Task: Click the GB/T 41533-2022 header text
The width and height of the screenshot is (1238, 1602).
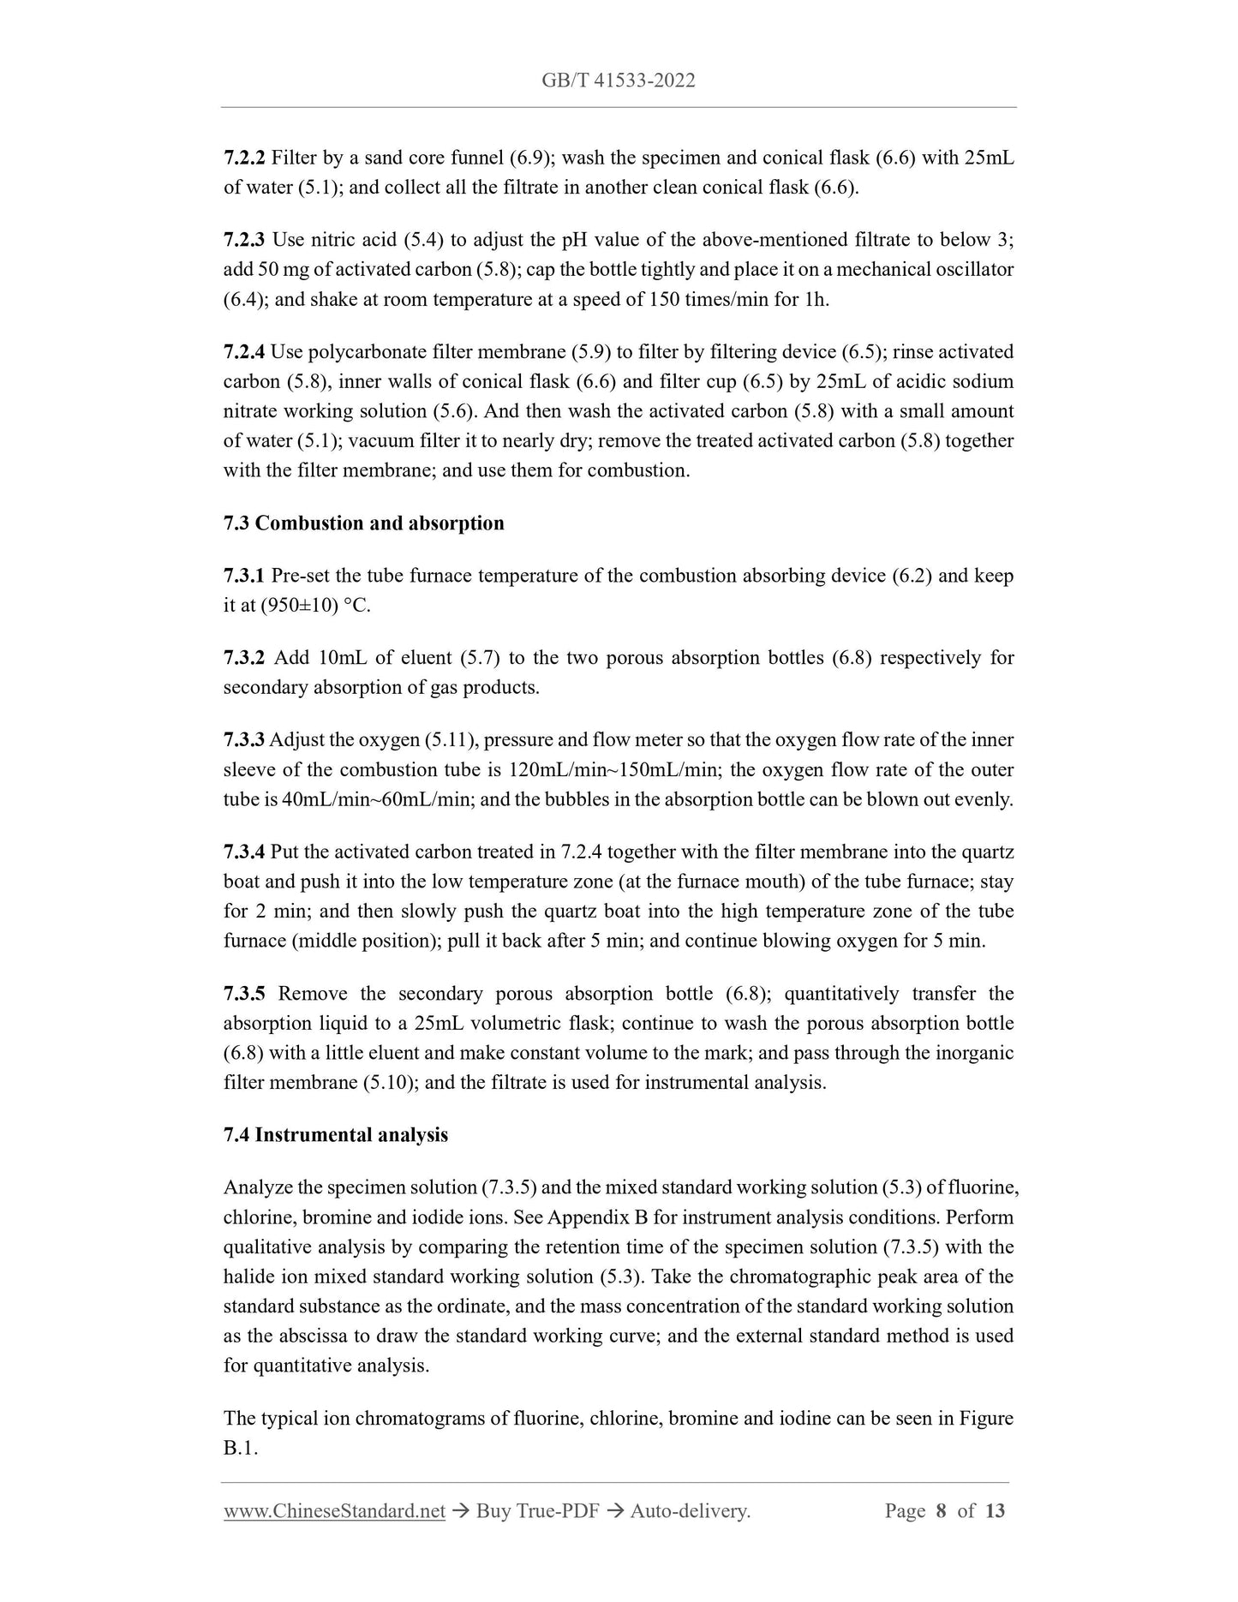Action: tap(618, 81)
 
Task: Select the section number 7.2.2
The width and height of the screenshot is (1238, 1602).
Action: tap(244, 158)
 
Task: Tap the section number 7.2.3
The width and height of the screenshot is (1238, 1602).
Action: tap(244, 240)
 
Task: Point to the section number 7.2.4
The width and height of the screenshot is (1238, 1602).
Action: tap(244, 352)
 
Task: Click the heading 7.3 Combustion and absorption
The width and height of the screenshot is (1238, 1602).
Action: tap(363, 523)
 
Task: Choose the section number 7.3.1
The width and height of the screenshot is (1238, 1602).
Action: tap(244, 576)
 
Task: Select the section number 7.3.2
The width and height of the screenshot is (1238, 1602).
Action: tap(244, 658)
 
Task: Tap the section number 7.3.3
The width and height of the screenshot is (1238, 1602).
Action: tap(244, 740)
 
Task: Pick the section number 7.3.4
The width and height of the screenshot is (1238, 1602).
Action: tap(244, 852)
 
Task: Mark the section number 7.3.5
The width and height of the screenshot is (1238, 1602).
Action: tap(244, 994)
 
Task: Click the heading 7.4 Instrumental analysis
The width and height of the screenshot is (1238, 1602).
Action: tap(335, 1135)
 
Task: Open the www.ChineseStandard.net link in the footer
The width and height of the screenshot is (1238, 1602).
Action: tap(334, 1511)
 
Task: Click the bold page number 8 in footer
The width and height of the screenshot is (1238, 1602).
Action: tap(941, 1511)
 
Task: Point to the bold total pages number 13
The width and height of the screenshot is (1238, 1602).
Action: tap(995, 1511)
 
